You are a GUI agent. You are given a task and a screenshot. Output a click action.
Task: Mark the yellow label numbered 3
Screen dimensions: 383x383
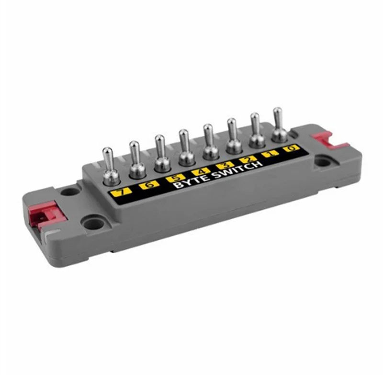(x=225, y=166)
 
